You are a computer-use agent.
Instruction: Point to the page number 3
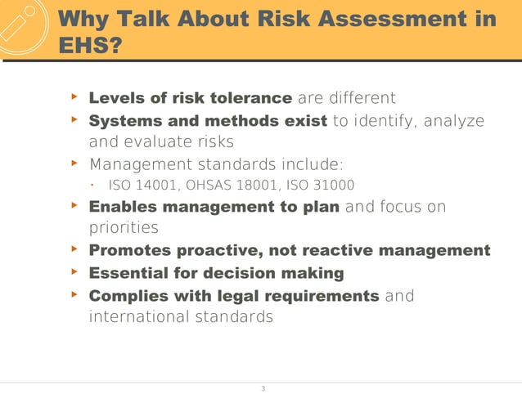[262, 388]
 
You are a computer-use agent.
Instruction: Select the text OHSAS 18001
[218, 184]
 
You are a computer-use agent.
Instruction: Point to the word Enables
[123, 207]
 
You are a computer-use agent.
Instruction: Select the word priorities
[124, 228]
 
